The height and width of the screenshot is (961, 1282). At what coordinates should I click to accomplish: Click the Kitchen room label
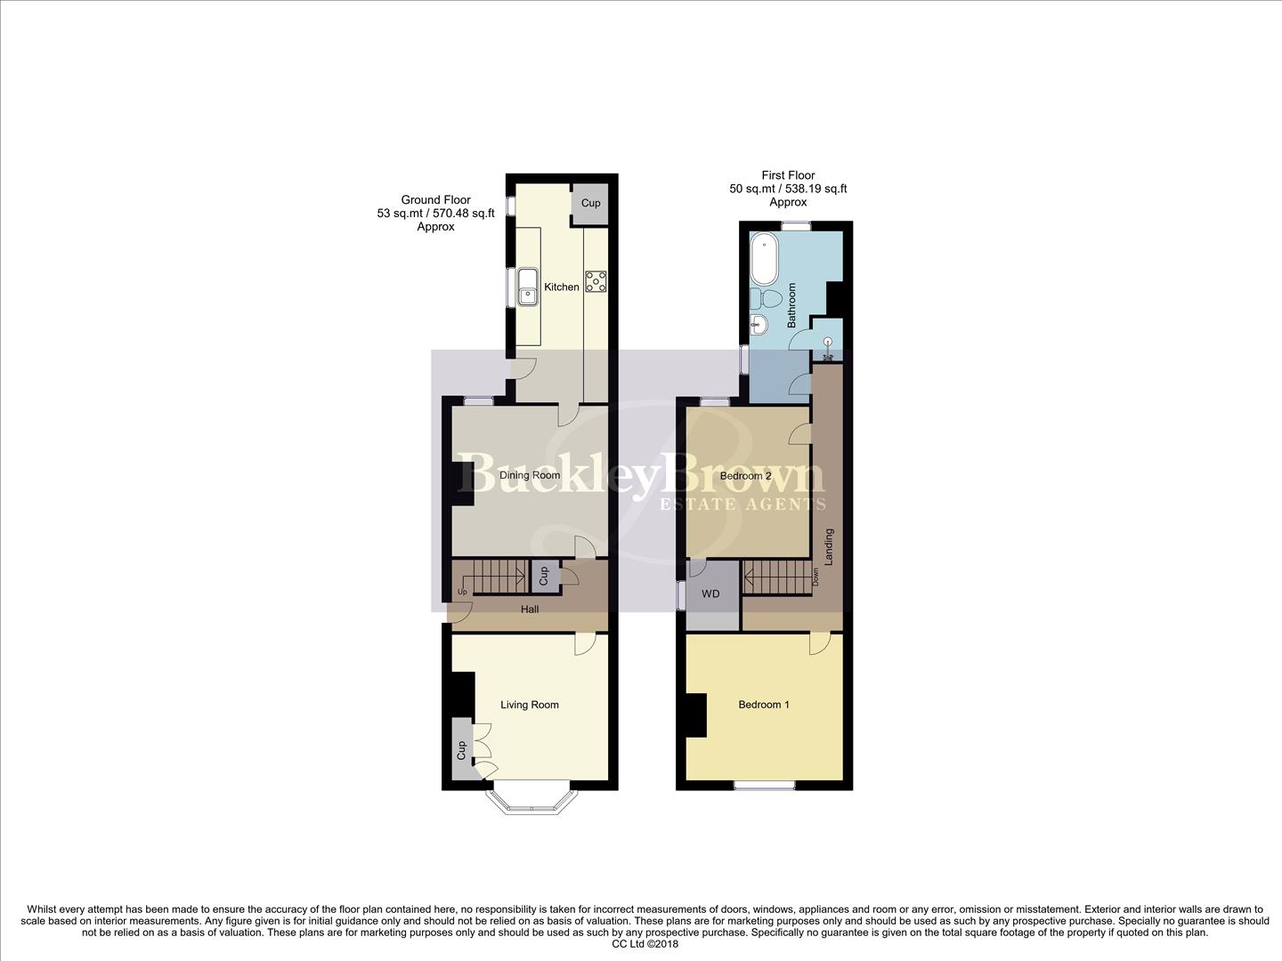(562, 287)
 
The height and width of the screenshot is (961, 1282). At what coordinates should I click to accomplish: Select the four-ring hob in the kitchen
(596, 281)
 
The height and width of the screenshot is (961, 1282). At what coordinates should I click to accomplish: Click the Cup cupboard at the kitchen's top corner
(590, 203)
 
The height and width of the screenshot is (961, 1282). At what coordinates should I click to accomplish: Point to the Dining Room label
(530, 475)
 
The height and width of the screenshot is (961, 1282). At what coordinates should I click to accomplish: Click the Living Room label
(530, 705)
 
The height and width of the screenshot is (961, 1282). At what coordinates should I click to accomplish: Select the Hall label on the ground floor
(529, 610)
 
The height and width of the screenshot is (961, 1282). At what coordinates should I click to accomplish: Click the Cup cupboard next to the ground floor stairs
(544, 576)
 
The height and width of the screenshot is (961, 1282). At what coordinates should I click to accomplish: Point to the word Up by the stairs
(462, 592)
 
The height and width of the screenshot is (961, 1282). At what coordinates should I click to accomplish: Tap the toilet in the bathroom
(767, 296)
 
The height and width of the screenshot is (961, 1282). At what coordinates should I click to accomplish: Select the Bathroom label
(791, 306)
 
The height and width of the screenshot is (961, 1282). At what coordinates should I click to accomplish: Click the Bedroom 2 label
(746, 476)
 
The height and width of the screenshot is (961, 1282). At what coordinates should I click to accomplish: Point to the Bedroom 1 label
(764, 705)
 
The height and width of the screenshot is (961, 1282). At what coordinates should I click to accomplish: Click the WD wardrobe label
(710, 594)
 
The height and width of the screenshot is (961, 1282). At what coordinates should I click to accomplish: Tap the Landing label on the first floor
(829, 547)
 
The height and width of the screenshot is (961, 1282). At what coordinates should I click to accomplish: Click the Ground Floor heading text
(435, 200)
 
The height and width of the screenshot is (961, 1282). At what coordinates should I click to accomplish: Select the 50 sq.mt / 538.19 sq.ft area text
(788, 189)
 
